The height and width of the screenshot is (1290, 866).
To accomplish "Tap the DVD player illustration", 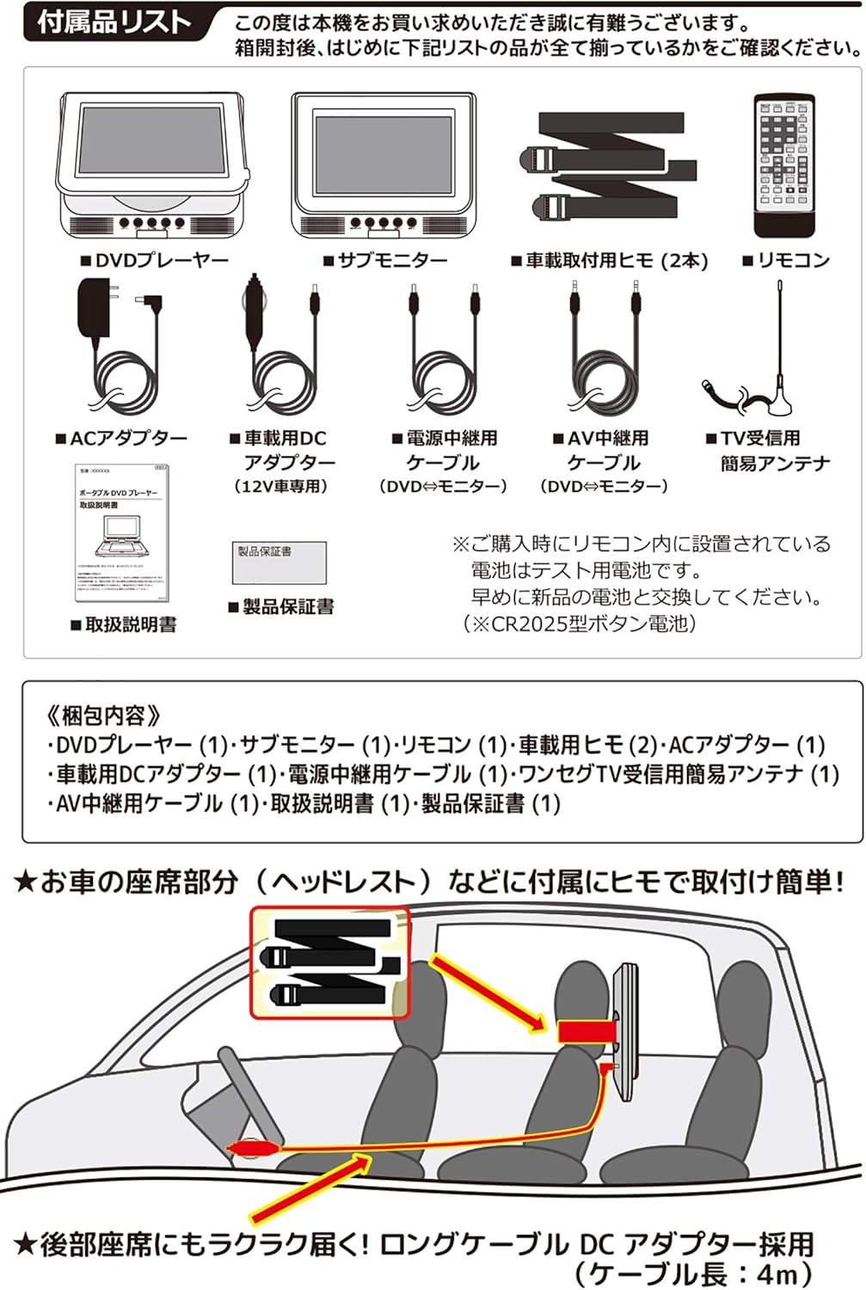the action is pos(153,164).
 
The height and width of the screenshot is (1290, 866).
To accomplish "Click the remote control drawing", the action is pos(783,166).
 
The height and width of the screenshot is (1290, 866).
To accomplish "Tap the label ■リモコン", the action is pos(786,261).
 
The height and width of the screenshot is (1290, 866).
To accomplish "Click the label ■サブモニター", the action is pos(385,261).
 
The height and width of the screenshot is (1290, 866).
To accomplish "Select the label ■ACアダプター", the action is pos(121,439).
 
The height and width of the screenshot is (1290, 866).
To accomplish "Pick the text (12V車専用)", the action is pos(282,487).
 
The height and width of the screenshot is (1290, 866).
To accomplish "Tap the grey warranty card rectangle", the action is pos(279,562).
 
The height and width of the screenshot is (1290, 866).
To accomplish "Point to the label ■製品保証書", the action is pos(281,607).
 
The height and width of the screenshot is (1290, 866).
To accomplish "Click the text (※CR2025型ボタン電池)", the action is pos(580,623).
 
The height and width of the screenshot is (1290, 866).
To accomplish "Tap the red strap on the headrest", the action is pos(585,1032).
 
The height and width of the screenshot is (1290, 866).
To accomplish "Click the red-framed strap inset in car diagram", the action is pos(330,961).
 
